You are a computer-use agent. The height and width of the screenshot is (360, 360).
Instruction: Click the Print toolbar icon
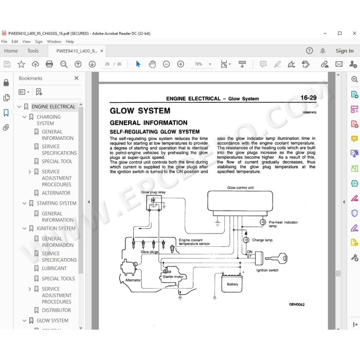coord(49,64)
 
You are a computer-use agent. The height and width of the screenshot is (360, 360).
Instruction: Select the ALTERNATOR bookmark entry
coord(56,193)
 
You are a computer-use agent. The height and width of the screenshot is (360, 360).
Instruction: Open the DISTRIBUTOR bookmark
coord(56,310)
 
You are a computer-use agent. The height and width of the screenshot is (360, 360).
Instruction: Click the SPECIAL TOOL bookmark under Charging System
coord(57,161)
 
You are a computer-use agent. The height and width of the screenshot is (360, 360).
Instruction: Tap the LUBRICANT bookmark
coord(54,268)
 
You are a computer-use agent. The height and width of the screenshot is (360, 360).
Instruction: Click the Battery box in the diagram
coord(232,283)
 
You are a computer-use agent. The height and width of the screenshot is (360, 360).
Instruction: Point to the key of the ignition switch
coord(277,258)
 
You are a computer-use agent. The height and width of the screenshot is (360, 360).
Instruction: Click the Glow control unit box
coord(240,201)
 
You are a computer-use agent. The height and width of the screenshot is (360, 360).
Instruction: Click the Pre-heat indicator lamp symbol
coord(263,222)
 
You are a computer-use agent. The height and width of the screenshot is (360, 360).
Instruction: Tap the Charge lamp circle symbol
coord(246,240)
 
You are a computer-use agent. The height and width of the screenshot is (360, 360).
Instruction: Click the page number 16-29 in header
coord(309,98)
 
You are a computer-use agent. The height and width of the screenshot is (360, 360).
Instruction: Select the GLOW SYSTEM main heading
coord(140,111)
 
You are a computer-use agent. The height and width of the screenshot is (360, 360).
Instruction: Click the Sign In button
coord(345,51)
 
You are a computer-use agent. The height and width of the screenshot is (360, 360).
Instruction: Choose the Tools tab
coord(33,51)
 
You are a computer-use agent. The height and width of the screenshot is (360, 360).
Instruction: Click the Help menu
coord(69,42)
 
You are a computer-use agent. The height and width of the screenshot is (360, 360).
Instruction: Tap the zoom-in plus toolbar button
coord(181,64)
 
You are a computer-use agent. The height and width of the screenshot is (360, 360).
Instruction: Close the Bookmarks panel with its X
coord(77,78)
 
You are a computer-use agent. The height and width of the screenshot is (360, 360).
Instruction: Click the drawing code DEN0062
coord(297,304)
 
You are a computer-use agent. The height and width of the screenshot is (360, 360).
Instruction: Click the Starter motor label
coord(173,277)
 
